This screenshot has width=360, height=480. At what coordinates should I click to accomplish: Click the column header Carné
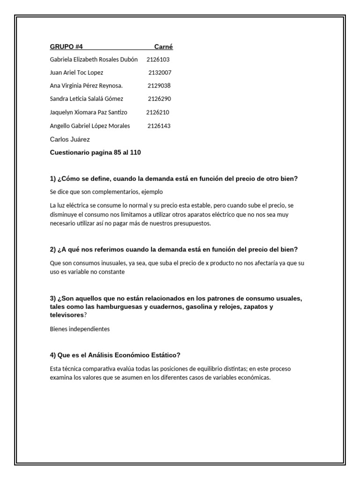[x=164, y=46]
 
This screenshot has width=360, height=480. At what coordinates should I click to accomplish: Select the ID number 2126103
[x=158, y=60]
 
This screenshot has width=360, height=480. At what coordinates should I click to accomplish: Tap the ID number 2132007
[x=160, y=73]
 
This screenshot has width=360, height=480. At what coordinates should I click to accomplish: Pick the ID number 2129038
[x=159, y=86]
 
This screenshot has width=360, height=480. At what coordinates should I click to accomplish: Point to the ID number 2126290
[x=159, y=99]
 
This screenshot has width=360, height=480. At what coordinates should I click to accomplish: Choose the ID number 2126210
[x=157, y=112]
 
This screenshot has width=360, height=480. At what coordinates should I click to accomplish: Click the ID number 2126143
[x=159, y=126]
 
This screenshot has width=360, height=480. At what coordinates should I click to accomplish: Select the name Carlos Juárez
[x=70, y=139]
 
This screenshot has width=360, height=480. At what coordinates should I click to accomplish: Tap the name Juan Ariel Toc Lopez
[x=76, y=73]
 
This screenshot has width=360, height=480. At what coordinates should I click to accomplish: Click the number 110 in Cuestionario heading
[x=135, y=152]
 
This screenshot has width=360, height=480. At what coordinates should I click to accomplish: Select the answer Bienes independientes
[x=80, y=329]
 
